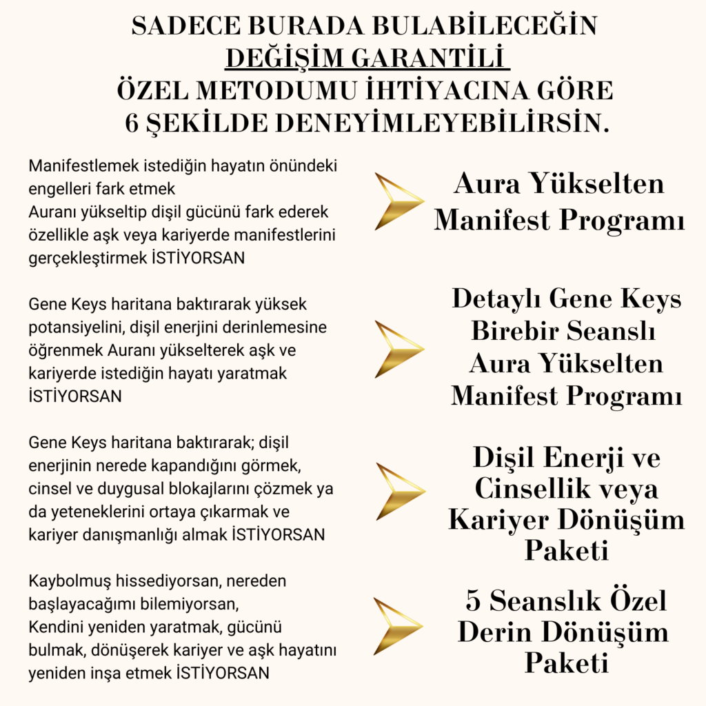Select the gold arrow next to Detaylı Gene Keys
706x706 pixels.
pos(399,348)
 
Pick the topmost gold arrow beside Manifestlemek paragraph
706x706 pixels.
pos(399,201)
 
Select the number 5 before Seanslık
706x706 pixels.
pos(473,601)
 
